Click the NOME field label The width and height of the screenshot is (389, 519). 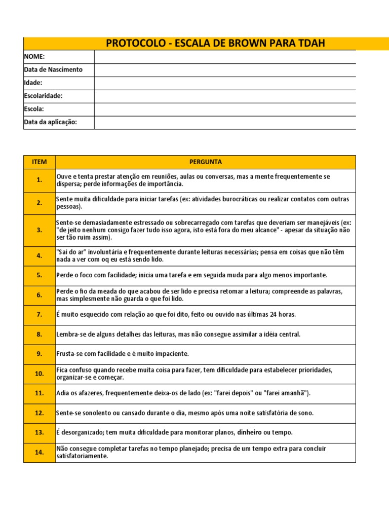click(x=34, y=57)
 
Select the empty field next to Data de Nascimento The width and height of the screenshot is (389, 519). click(x=225, y=70)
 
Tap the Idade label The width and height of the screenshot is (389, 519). click(x=33, y=83)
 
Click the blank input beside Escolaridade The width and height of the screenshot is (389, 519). click(x=225, y=96)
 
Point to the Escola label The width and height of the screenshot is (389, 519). click(x=34, y=109)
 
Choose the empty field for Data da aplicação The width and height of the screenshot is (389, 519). click(x=225, y=122)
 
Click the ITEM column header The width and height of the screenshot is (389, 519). click(x=40, y=162)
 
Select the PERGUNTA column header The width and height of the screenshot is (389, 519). click(x=205, y=162)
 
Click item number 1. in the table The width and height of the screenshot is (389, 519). click(x=40, y=180)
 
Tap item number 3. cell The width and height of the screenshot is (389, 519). click(x=40, y=230)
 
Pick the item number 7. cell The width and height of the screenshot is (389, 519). click(x=40, y=315)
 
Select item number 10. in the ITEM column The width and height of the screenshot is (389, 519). click(x=40, y=374)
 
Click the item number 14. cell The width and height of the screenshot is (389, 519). click(x=40, y=453)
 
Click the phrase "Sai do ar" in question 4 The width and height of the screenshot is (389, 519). click(x=70, y=252)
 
